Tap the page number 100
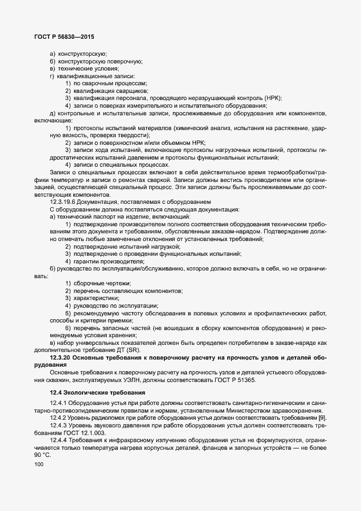point(38,465)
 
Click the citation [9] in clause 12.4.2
point(322,418)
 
